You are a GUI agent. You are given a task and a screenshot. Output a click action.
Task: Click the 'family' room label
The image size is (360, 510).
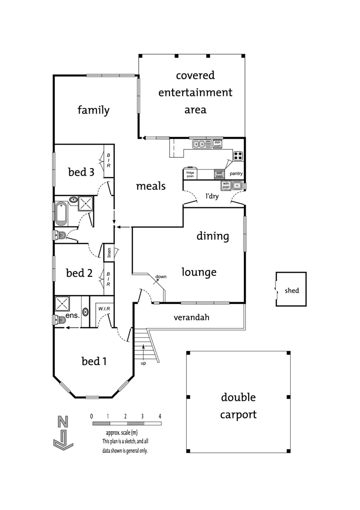coord(93,110)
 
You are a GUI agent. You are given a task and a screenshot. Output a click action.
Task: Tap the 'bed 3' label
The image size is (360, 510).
coord(81,172)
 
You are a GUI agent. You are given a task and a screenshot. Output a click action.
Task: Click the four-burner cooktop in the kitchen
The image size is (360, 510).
coord(238,155)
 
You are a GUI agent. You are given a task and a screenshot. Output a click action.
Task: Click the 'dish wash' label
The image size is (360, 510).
coord(217,144)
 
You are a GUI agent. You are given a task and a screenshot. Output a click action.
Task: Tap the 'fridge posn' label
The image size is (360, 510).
coord(190,174)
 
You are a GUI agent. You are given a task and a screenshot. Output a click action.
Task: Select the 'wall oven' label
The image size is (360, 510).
coord(219,174)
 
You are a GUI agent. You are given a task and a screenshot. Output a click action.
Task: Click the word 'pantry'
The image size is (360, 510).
coord(236,174)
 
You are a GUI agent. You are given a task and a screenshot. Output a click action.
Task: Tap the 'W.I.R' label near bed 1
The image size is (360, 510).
coord(104,309)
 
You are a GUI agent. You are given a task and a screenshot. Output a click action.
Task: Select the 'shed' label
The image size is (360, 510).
coord(292,290)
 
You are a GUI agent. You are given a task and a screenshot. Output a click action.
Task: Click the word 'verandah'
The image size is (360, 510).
coord(192,317)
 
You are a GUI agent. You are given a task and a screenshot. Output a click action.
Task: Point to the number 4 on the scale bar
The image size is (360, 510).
coord(160,416)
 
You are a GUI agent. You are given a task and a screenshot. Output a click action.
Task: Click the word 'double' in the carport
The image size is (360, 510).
coord(238,397)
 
